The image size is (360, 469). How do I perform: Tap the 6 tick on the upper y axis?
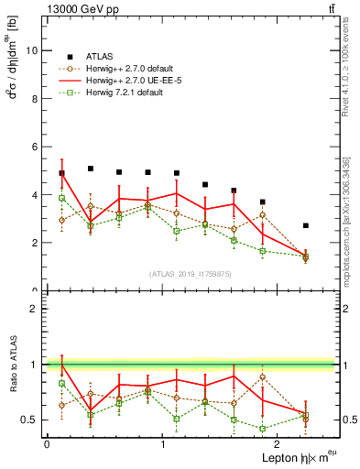(x=34, y=147)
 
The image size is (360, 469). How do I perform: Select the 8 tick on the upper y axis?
(x=34, y=99)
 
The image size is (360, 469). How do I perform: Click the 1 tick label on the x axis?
(x=163, y=444)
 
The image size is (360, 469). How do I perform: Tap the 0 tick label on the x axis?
(x=46, y=444)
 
